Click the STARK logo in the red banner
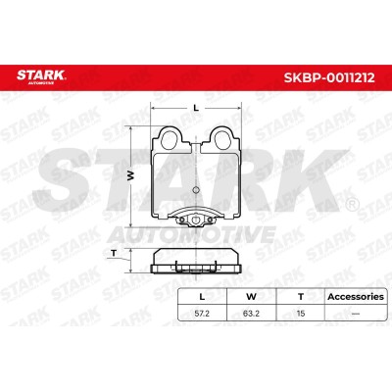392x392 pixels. tap(41, 77)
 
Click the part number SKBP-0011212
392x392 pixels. tap(329, 77)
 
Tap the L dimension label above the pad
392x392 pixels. tap(196, 108)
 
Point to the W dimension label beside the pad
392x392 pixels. tap(130, 176)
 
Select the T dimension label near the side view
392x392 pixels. tap(114, 253)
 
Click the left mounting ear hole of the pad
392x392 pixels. tap(170, 137)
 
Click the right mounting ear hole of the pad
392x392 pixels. tap(222, 137)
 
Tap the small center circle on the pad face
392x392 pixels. tap(196, 190)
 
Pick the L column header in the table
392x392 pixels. tap(202, 297)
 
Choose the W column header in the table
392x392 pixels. tap(251, 297)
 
